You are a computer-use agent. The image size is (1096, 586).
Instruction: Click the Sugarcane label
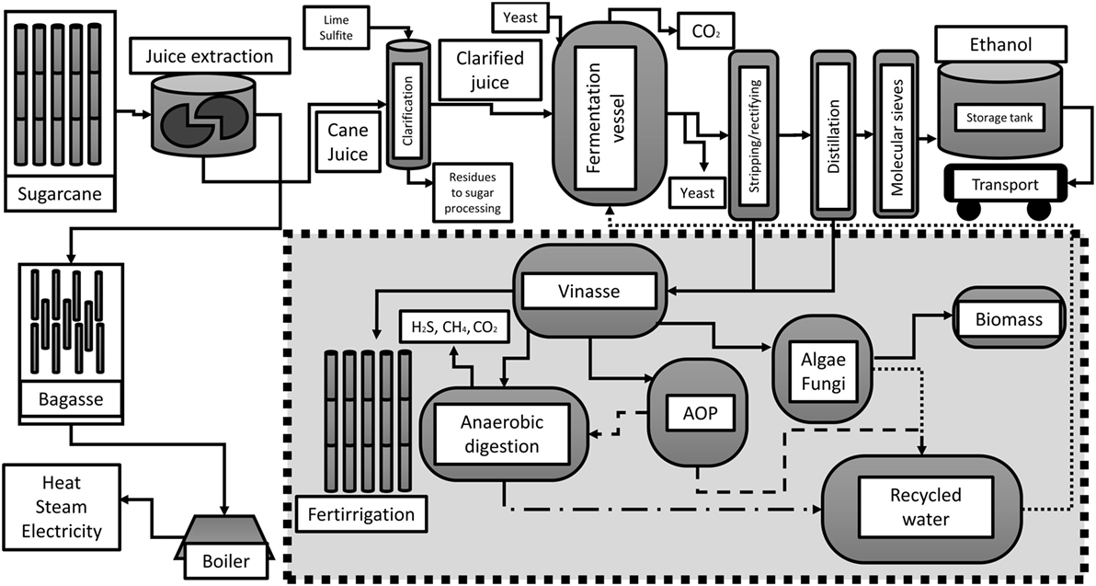pos(62,193)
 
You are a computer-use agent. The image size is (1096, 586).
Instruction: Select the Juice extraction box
pos(209,57)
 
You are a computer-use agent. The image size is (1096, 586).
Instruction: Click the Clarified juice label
pos(490,70)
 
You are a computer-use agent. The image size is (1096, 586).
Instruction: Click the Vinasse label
pos(588,292)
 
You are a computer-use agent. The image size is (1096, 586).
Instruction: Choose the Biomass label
pos(1010,318)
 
